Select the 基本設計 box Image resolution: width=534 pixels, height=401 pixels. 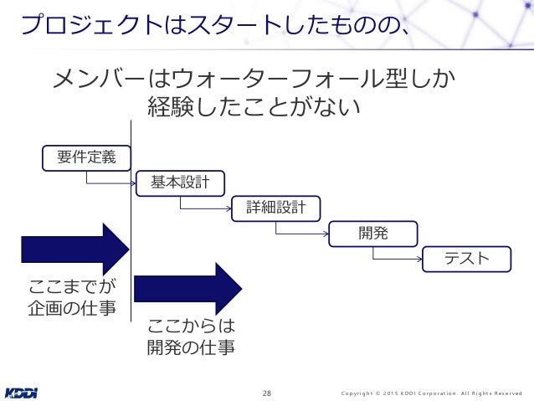(180, 182)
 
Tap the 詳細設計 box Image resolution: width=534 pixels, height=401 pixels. (276, 208)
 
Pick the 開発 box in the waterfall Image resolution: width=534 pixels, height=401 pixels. (372, 234)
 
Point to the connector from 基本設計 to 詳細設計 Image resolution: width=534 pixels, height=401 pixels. (206, 206)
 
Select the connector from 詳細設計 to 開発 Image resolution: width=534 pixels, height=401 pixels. (302, 232)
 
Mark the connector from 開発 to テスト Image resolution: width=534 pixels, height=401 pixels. (398, 258)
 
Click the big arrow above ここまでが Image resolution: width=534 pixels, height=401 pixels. (74, 249)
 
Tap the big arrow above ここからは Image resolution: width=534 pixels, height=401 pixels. (187, 289)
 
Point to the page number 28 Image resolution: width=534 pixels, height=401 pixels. (267, 393)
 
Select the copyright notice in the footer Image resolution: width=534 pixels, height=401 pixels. (432, 393)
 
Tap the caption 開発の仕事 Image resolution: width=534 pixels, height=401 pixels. (190, 347)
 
